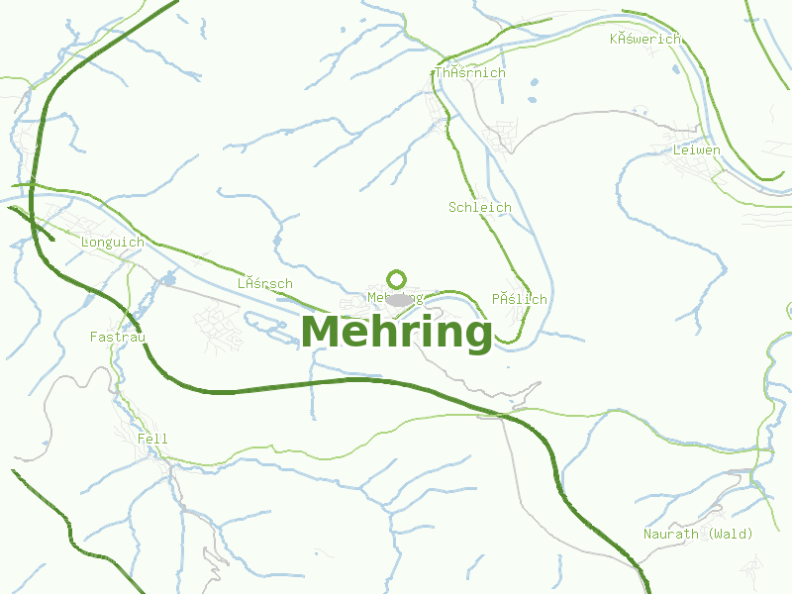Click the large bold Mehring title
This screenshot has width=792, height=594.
(x=396, y=333)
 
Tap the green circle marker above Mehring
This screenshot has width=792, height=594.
(x=397, y=279)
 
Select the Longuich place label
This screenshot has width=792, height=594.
(x=112, y=243)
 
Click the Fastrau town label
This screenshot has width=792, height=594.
(x=118, y=338)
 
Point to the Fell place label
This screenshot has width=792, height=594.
(x=153, y=439)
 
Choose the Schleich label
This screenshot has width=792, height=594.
(x=479, y=208)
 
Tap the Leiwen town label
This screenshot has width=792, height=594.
(x=696, y=151)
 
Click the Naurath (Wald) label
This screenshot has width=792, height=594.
(x=698, y=535)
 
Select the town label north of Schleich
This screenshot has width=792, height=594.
(x=469, y=73)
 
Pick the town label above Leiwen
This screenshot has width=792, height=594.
(x=645, y=40)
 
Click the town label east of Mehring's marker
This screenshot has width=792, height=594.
(x=519, y=299)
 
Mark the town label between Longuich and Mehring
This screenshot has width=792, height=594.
(x=264, y=284)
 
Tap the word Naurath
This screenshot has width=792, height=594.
(x=671, y=535)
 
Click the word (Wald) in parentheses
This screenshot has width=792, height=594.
(x=730, y=535)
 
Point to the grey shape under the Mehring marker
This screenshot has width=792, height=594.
(x=399, y=298)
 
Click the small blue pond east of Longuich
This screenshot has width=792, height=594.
(x=168, y=278)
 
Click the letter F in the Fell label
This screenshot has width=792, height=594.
(x=143, y=439)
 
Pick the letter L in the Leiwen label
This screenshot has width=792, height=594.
(x=677, y=151)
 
